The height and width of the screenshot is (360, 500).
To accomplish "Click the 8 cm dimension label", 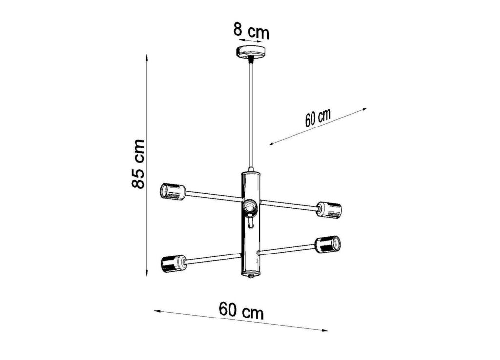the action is click(251, 31).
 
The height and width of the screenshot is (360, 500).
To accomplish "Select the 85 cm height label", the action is click(138, 164).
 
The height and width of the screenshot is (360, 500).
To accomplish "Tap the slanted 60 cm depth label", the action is click(317, 118).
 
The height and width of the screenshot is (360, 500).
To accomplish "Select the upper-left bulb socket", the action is click(172, 192).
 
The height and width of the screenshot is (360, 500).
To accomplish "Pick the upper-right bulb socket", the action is click(329, 210).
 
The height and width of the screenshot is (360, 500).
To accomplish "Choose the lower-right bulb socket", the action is click(328, 245).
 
